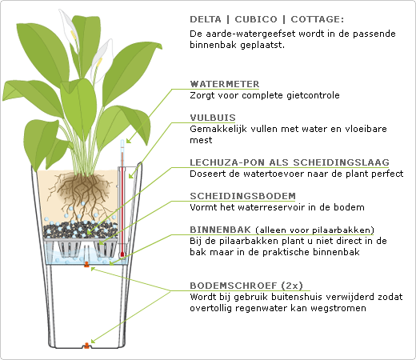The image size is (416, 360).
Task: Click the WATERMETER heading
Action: click(225, 84)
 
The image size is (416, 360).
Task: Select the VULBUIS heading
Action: click(213, 118)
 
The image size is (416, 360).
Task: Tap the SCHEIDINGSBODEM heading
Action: click(242, 196)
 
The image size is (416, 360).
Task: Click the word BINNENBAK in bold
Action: click(221, 230)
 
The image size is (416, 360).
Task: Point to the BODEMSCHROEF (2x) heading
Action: click(246, 286)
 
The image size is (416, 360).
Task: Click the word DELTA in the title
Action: click(206, 19)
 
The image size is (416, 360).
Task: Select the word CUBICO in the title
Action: click(256, 19)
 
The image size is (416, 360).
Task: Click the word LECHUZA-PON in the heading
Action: click(227, 162)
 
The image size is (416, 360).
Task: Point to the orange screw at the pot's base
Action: click(86, 346)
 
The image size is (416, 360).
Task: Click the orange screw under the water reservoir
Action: click(86, 264)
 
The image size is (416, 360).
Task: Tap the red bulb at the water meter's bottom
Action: click(122, 254)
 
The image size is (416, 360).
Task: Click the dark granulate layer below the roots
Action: click(80, 230)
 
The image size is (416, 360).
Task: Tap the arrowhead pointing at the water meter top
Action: click(129, 141)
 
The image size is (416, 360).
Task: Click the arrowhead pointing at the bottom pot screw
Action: click(93, 341)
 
